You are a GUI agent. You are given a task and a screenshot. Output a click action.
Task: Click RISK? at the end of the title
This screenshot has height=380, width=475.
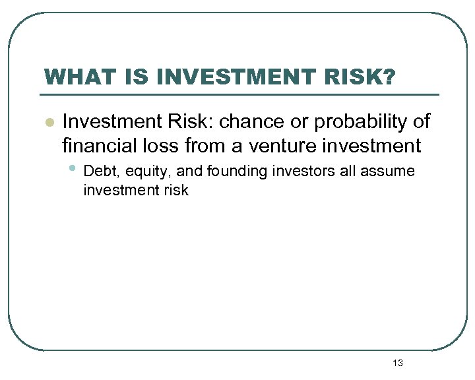(362, 78)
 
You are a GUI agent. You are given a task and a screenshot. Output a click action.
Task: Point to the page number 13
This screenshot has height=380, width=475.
(397, 363)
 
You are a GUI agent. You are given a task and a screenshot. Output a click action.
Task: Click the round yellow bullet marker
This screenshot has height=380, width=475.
(48, 123)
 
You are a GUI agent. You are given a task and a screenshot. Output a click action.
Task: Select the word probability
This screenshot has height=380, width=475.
(362, 122)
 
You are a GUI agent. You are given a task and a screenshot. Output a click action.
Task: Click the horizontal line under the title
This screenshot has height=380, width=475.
(241, 94)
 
